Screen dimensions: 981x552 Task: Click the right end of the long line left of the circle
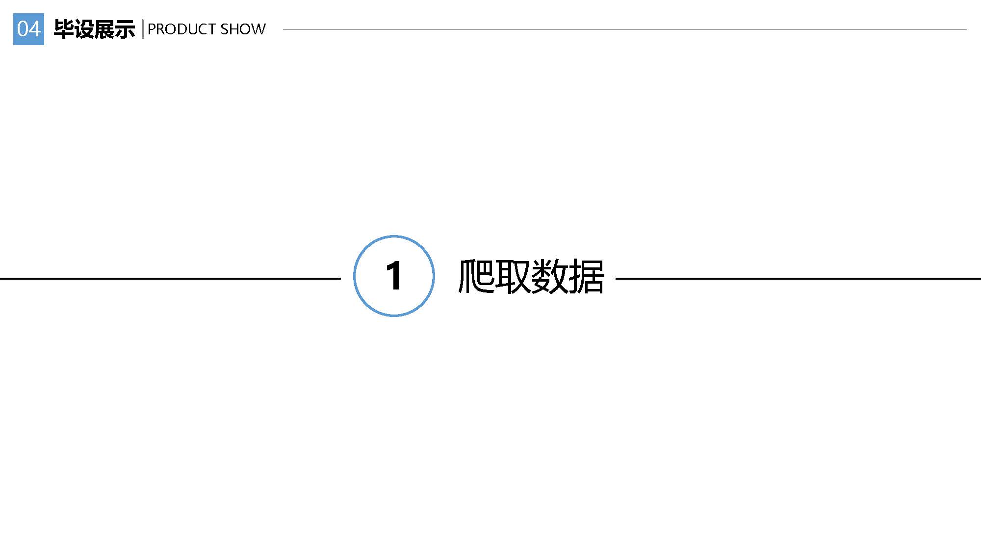click(340, 279)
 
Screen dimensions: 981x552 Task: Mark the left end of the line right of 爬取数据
click(616, 279)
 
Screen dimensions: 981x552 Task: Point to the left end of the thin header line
click(284, 29)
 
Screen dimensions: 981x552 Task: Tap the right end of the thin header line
click(966, 29)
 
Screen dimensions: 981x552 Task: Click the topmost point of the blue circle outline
click(394, 236)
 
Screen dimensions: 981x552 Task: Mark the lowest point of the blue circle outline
click(394, 316)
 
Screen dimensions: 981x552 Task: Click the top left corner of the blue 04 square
click(13, 14)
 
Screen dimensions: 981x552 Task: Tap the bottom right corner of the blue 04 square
click(44, 45)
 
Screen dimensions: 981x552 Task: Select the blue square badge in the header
click(28, 29)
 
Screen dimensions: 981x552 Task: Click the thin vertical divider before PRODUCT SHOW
click(143, 29)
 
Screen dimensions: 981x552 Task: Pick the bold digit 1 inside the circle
click(394, 276)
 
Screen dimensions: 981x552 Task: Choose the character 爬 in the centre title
click(476, 276)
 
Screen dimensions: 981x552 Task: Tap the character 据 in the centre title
click(586, 276)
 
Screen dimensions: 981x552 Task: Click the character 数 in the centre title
click(549, 276)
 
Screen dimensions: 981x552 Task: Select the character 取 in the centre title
click(513, 276)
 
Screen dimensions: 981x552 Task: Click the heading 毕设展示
click(94, 29)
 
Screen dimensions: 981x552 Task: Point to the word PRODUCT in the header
click(182, 29)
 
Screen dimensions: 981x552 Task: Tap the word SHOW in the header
click(243, 29)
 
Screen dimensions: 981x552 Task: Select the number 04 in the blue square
click(28, 29)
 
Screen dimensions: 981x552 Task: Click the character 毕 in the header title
click(64, 29)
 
